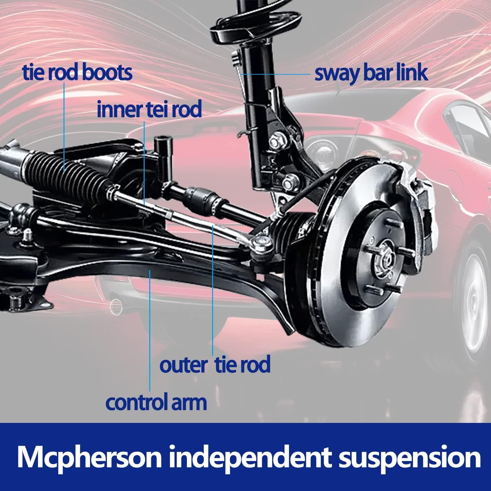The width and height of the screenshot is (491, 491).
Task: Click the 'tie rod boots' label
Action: pyautogui.click(x=78, y=73)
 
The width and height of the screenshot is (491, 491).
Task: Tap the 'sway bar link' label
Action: pyautogui.click(x=371, y=73)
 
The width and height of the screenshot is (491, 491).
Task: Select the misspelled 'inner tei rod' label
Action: pyautogui.click(x=149, y=110)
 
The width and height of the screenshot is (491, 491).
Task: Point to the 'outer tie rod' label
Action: pyautogui.click(x=215, y=365)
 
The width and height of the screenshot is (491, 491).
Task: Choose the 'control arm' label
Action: pyautogui.click(x=156, y=403)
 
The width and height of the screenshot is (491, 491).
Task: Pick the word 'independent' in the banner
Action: pyautogui.click(x=250, y=458)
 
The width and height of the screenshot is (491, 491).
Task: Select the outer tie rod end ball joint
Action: pyautogui.click(x=262, y=242)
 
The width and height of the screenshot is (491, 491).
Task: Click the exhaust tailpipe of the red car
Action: pyautogui.click(x=117, y=305)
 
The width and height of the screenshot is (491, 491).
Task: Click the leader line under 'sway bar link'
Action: pyautogui.click(x=275, y=74)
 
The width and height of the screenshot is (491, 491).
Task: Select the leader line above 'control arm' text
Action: pyautogui.click(x=150, y=330)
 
